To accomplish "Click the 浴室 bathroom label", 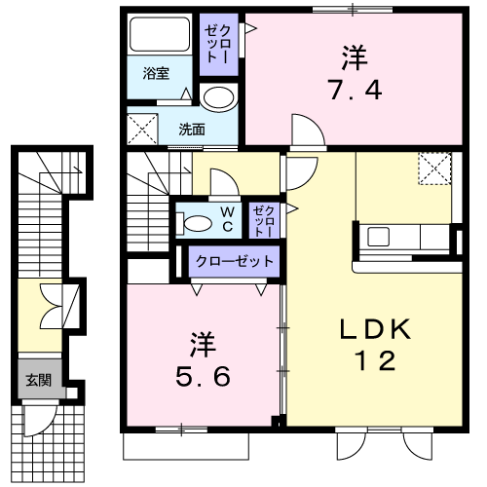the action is [x=156, y=74].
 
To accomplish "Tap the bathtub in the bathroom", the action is [x=160, y=34].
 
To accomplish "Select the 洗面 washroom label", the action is [x=192, y=130].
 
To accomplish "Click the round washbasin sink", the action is [x=218, y=96].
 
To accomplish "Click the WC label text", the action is [x=228, y=219].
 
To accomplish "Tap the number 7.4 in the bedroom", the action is [x=355, y=90].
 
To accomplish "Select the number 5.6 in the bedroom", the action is [x=203, y=377].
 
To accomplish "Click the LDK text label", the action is [x=375, y=329].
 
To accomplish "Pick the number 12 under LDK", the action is [x=375, y=360].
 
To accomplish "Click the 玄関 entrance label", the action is [x=39, y=380].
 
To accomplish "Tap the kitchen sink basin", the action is [x=378, y=237].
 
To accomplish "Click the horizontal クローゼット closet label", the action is [x=235, y=261].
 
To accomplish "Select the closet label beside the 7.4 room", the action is [x=218, y=44].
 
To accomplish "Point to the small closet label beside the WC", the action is [x=264, y=221].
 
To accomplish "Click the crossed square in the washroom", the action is [x=142, y=129].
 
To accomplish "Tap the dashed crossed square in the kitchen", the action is [x=434, y=169].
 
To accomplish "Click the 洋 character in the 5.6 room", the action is [x=204, y=344].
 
